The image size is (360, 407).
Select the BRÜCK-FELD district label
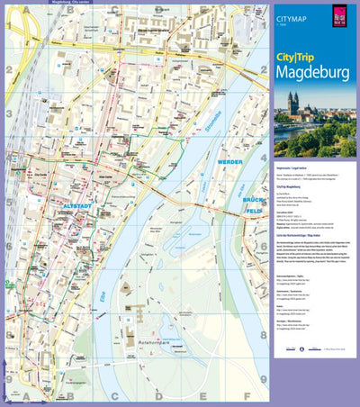(x=256, y=204)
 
